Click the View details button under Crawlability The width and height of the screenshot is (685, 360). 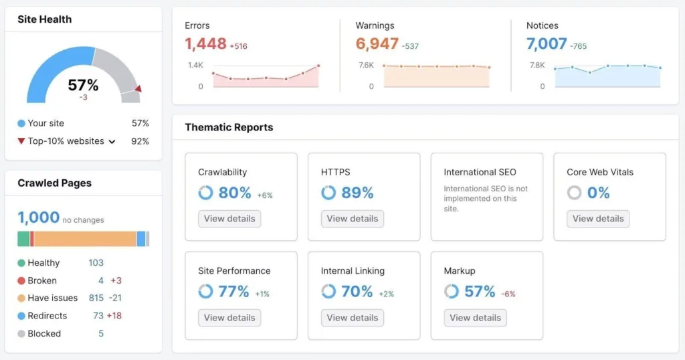click(x=229, y=219)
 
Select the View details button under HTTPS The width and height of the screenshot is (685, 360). click(x=353, y=219)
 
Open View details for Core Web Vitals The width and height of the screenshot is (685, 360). click(x=598, y=219)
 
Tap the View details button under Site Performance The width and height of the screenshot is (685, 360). click(x=229, y=318)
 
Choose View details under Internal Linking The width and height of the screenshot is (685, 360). click(x=353, y=318)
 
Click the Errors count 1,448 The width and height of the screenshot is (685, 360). click(x=205, y=44)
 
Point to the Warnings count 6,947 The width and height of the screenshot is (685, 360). click(x=377, y=44)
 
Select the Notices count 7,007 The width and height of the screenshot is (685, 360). click(x=547, y=44)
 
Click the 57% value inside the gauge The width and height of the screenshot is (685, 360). click(x=84, y=85)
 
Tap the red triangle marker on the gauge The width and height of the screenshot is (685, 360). click(x=138, y=88)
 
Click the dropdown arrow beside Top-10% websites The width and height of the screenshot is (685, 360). click(x=112, y=142)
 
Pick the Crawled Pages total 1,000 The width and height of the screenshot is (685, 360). click(x=38, y=217)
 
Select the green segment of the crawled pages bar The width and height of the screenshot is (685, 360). click(x=23, y=239)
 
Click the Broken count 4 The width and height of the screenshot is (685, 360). click(x=101, y=280)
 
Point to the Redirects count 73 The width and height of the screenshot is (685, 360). click(x=98, y=316)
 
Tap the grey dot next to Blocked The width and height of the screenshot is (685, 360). click(x=21, y=334)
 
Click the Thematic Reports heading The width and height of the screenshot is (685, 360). click(x=229, y=127)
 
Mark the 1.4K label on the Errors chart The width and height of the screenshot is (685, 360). click(x=195, y=65)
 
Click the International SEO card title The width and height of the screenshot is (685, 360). click(x=480, y=172)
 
